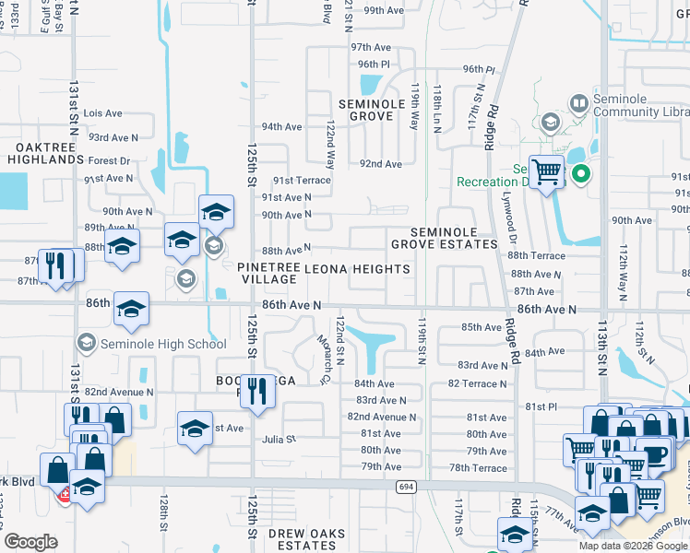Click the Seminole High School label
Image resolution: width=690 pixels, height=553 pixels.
click(162, 345)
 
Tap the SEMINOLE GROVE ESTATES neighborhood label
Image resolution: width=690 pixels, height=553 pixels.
click(444, 238)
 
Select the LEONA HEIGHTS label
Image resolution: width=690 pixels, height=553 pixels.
click(357, 269)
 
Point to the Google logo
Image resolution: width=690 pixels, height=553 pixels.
click(30, 541)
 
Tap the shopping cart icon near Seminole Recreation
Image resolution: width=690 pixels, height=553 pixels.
click(547, 171)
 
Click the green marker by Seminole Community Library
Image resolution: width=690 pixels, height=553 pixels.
click(580, 173)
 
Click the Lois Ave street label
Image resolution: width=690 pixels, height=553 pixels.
click(102, 113)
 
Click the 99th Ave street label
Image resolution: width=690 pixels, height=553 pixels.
click(384, 10)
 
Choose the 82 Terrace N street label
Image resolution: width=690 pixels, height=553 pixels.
click(478, 382)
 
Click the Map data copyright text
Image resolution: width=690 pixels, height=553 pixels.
click(632, 545)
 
